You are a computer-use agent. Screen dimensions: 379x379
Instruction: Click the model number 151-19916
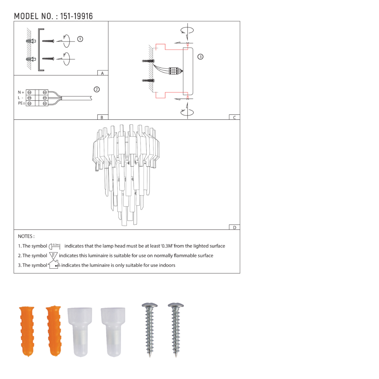77,16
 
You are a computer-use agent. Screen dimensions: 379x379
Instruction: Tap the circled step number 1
80,39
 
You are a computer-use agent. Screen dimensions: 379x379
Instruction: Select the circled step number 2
97,89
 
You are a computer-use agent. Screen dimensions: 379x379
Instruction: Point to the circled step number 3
200,57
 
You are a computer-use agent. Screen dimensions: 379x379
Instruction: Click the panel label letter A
102,73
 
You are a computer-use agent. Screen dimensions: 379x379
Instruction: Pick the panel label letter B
102,117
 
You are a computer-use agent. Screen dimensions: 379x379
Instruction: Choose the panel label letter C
235,117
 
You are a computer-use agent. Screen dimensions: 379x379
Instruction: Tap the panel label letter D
235,227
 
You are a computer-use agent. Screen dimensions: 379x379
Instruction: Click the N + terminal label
21,92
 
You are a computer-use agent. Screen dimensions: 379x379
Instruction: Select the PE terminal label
22,103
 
